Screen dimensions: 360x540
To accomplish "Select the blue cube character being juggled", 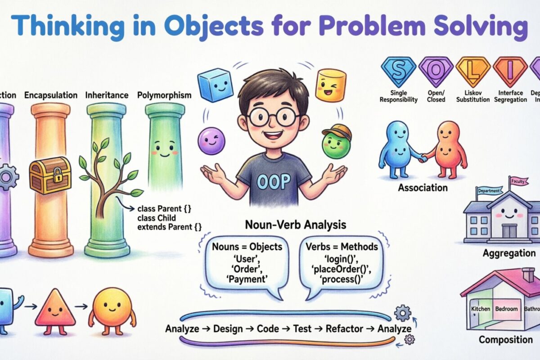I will point(216,85).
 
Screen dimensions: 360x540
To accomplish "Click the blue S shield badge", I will point(398,71).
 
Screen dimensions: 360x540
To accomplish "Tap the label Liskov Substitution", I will point(469,96).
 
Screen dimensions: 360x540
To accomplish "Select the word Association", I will point(423,187).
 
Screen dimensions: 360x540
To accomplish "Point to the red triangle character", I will point(54,308).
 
